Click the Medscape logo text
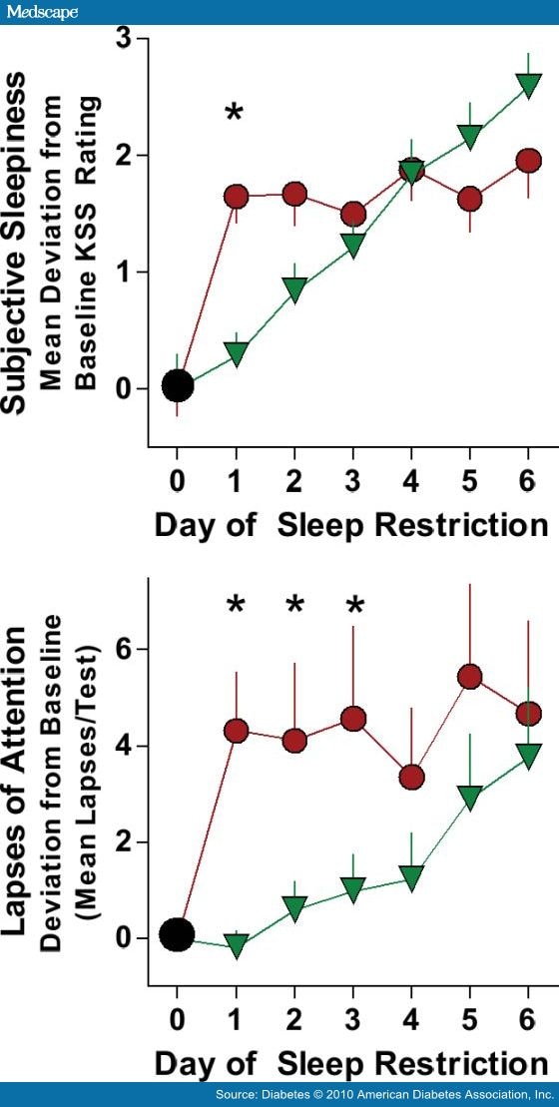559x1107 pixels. click(40, 12)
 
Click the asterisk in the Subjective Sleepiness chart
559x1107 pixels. click(234, 113)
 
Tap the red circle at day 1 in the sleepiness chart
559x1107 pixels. click(237, 196)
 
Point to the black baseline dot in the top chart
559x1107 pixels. click(178, 385)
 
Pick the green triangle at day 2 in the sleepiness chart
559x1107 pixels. click(294, 288)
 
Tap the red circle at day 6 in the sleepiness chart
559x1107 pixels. click(529, 161)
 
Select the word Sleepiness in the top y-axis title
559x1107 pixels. click(19, 145)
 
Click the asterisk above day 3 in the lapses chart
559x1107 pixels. click(353, 605)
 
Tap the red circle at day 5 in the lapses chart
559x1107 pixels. click(470, 678)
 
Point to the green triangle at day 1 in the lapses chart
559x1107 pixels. click(237, 946)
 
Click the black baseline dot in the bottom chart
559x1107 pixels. click(178, 934)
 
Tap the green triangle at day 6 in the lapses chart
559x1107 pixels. click(529, 755)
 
